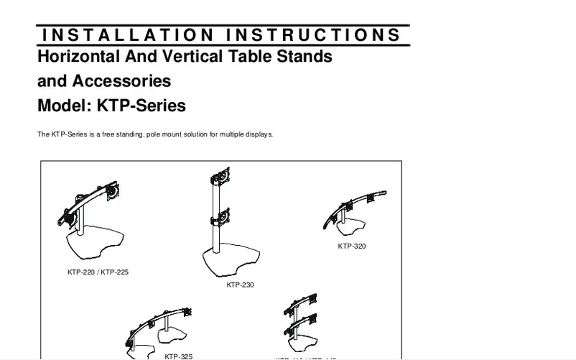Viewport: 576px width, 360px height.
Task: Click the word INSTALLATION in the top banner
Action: coord(128,35)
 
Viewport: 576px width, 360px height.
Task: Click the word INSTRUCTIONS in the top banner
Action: coord(314,35)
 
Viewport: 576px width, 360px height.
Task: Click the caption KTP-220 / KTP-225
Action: coord(98,272)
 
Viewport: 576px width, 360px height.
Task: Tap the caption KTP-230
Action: coord(240,285)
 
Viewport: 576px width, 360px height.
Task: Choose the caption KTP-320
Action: coord(352,246)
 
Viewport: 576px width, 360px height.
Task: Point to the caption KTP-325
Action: coord(178,356)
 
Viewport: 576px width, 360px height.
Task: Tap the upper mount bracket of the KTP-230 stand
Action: coord(219,177)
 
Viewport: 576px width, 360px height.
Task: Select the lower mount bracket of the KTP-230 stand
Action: coord(219,216)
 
